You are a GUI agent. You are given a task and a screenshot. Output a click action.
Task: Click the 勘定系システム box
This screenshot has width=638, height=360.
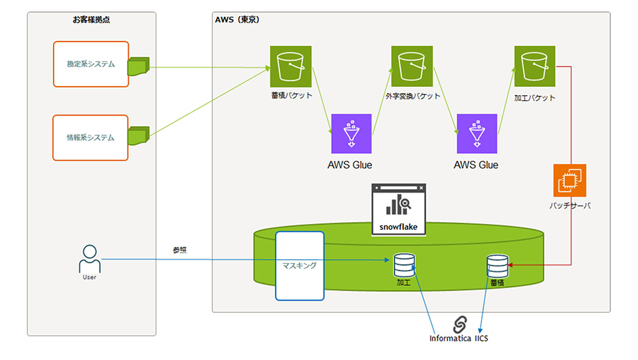coord(91,64)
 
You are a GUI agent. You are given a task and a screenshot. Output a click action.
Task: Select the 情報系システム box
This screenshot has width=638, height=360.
coord(91,137)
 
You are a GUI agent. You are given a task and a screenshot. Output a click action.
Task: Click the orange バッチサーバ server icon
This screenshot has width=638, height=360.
coord(569,181)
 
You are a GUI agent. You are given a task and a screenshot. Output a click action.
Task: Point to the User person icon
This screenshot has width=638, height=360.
coord(89,258)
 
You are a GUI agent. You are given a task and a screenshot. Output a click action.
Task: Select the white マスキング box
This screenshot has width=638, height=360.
coord(299,266)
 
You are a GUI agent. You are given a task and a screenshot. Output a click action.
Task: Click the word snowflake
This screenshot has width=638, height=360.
coord(399,227)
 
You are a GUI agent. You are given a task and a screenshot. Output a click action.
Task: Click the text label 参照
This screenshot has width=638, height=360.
coord(180,250)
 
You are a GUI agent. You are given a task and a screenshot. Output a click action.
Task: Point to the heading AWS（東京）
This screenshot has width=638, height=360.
coord(237,20)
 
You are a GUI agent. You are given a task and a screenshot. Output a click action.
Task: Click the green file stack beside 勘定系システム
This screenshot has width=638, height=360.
coord(138,66)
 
